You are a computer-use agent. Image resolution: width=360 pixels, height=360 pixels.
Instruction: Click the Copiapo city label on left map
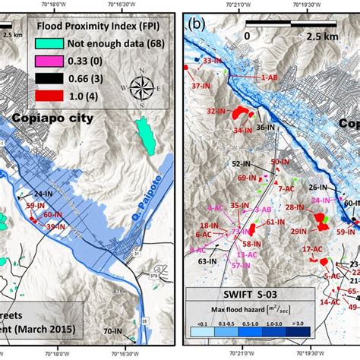(x=52, y=119)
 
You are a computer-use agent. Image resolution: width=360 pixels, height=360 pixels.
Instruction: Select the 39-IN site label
(x=55, y=226)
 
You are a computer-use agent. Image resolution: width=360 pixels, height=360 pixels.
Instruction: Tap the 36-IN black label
(x=265, y=128)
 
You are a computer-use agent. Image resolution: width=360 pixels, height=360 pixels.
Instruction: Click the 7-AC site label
(x=286, y=188)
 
